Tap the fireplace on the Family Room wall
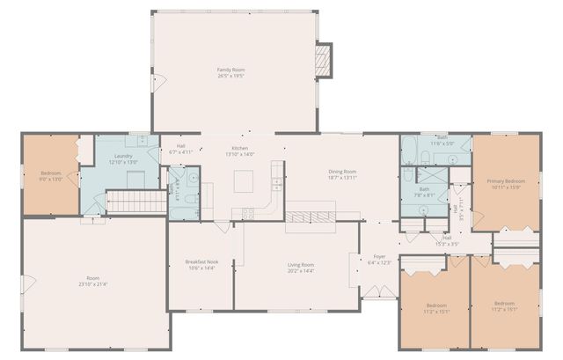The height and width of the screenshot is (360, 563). pos(325,59)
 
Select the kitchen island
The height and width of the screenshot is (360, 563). pos(244,182)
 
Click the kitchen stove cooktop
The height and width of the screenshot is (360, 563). pos(248,212)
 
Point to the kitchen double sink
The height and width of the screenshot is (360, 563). pos(276,184)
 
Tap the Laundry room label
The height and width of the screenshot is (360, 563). pos(122,158)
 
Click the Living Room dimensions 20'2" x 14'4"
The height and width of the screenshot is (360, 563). pos(301,270)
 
